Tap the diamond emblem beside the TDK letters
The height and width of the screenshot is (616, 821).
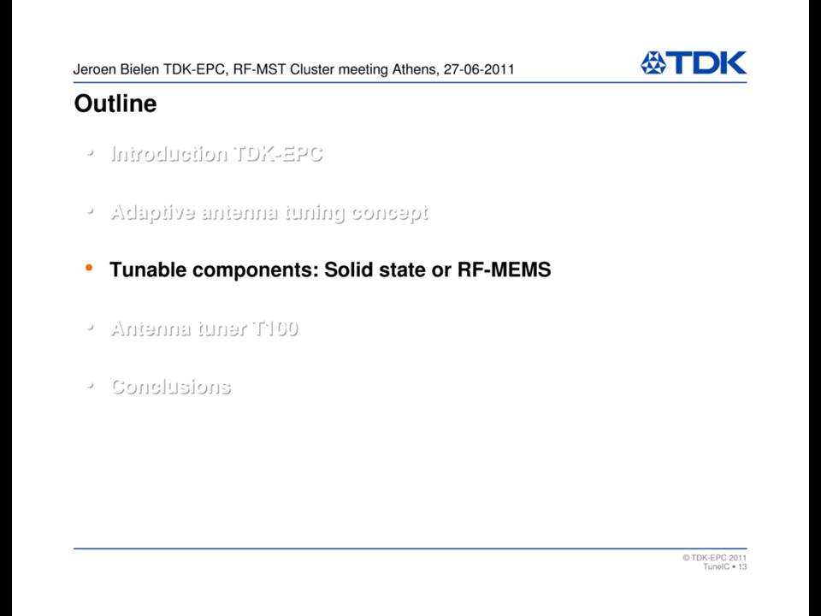(x=653, y=62)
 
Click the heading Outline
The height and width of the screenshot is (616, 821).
(x=115, y=104)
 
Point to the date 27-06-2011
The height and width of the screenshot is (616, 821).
(x=479, y=69)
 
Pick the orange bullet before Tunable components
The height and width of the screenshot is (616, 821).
(x=89, y=268)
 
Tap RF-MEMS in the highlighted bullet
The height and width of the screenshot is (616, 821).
(x=505, y=269)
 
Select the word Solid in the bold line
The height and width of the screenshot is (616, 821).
(x=348, y=269)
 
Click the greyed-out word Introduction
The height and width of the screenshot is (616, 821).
(x=168, y=153)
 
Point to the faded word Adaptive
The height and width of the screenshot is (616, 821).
(x=152, y=213)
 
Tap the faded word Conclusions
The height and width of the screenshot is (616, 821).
(x=171, y=387)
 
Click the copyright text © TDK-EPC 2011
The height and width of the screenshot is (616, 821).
(x=714, y=557)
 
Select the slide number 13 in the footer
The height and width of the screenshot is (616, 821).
(x=742, y=566)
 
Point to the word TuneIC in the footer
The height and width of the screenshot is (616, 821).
(x=717, y=566)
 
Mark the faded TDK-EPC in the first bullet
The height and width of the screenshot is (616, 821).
(x=277, y=153)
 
